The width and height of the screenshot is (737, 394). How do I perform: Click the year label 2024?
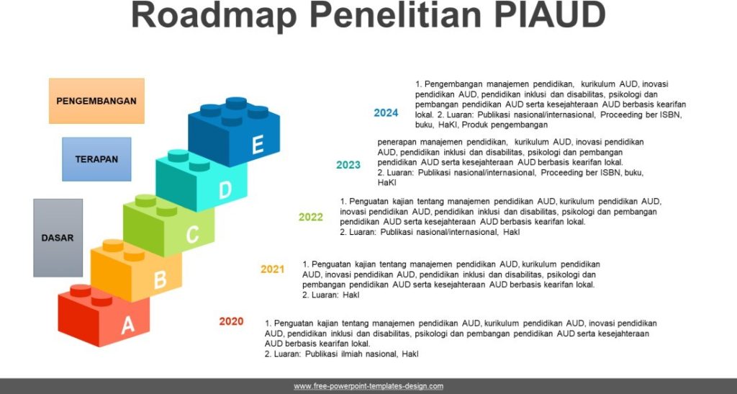pos(386,113)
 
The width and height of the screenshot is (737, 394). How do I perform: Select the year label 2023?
pos(348,165)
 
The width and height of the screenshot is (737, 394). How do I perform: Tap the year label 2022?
pos(311,218)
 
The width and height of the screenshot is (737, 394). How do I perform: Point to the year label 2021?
pos(273,269)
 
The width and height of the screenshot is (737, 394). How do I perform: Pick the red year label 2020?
pos(231,321)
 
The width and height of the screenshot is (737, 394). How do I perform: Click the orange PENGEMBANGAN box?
pos(96,101)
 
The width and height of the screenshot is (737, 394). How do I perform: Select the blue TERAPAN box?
pos(96,159)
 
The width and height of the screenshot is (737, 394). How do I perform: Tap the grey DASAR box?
pos(58,238)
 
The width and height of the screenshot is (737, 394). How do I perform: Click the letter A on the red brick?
pos(128,325)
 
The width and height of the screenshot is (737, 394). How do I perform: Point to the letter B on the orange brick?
pos(160,279)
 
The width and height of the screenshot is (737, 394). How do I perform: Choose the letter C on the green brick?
pos(192,234)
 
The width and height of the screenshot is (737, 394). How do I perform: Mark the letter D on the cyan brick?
pos(225,189)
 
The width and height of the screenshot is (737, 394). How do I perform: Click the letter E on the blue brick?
pos(258,144)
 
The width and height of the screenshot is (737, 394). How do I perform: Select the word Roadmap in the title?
pos(214,14)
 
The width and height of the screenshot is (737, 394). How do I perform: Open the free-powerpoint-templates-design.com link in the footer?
pos(368,387)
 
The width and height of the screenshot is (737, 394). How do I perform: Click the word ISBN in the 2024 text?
pos(671,115)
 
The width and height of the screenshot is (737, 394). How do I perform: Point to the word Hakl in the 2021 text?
pos(351,295)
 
